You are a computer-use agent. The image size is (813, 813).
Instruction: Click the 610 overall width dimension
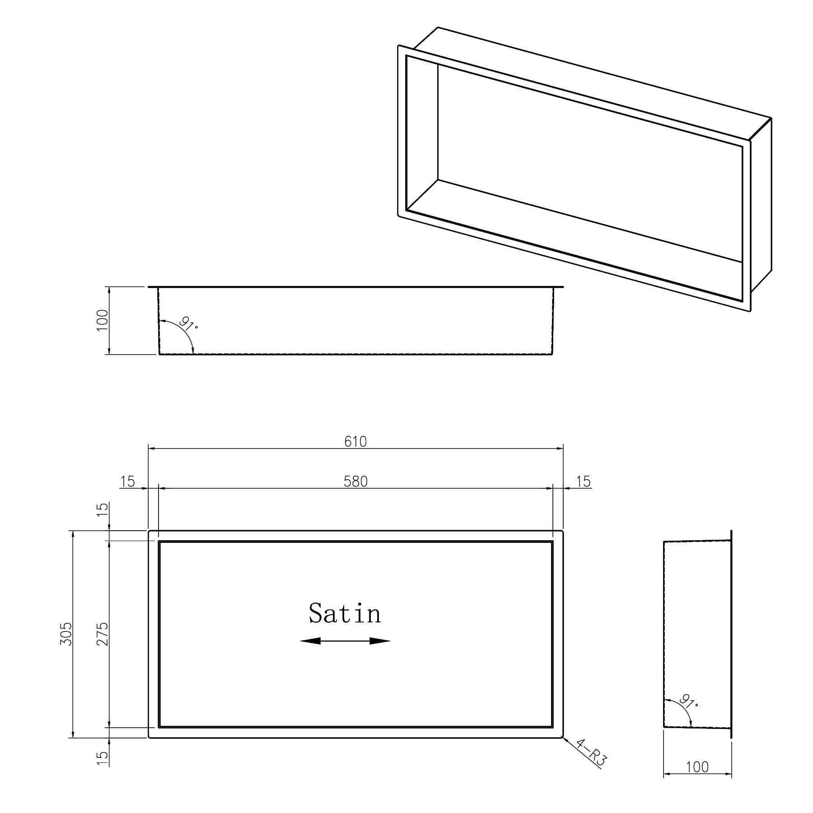355,441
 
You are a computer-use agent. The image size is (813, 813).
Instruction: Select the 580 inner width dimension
355,481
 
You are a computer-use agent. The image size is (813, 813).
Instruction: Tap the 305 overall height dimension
66,634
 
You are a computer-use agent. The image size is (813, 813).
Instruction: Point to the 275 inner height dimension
103,634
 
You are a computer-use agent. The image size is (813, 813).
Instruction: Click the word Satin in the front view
345,614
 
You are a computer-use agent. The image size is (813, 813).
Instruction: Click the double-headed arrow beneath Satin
345,640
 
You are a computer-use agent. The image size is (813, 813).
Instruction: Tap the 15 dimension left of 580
128,481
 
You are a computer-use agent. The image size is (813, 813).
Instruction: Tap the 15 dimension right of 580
584,481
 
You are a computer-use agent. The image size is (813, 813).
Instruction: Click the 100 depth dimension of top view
103,320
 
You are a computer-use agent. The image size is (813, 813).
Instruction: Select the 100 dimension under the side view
697,767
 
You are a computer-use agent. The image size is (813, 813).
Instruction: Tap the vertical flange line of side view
731,632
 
